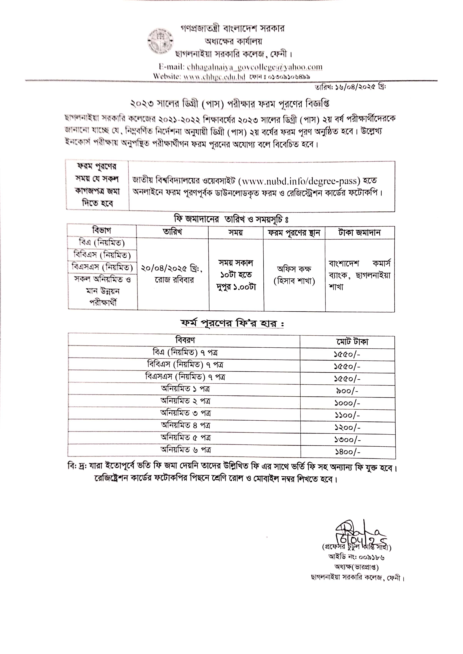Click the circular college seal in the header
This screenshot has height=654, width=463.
[161, 41]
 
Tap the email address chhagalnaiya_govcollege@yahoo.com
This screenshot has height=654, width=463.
[255, 67]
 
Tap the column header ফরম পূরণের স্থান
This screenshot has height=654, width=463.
[294, 233]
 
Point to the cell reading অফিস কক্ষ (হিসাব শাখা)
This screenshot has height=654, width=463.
[294, 275]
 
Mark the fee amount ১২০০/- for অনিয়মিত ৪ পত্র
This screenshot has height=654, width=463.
[347, 427]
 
